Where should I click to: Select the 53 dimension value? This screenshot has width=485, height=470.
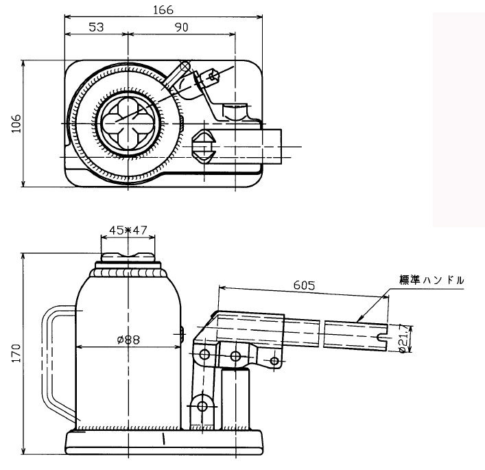tap(96, 27)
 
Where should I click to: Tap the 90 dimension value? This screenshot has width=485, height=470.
tap(181, 27)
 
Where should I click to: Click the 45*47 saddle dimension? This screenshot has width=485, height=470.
tap(128, 231)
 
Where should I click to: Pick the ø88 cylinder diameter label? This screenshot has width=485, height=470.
tap(128, 339)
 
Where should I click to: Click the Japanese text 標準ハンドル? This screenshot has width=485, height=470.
tap(431, 280)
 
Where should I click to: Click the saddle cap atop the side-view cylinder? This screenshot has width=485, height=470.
tap(128, 259)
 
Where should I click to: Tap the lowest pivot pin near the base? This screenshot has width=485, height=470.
tap(202, 406)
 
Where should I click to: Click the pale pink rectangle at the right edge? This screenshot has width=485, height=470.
tap(458, 120)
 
